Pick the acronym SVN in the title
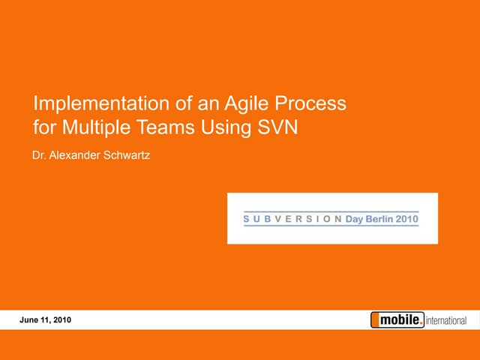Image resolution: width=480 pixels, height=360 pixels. click(278, 127)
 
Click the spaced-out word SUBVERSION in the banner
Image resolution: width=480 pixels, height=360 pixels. click(292, 220)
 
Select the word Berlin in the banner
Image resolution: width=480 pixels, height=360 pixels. click(382, 220)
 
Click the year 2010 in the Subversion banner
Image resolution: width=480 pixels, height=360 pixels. click(408, 220)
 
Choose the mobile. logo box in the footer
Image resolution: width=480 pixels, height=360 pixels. click(397, 320)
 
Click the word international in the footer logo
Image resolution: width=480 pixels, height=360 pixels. click(446, 321)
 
